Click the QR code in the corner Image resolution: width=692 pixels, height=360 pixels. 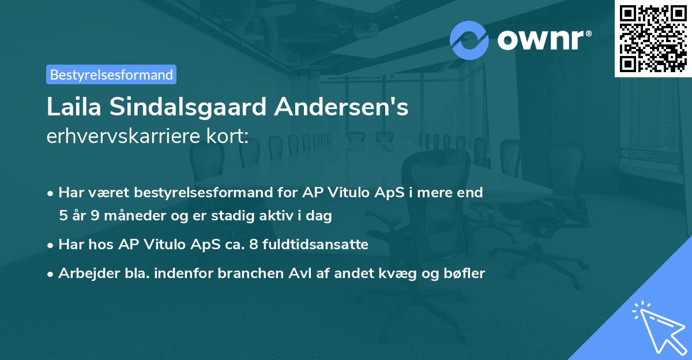653,38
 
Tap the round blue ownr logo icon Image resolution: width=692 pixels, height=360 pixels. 469,40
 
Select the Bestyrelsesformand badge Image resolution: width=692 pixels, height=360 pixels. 111,74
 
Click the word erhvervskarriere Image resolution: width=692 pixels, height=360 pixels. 115,136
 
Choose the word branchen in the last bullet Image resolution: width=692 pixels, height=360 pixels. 250,274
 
